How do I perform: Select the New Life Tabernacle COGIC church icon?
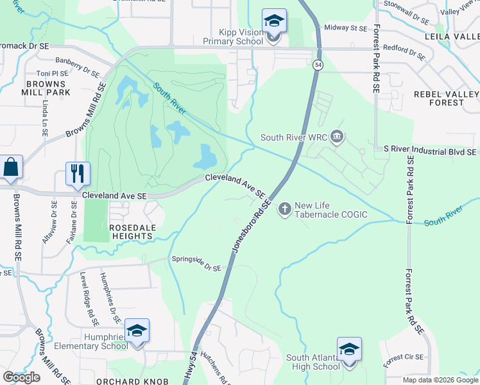click(284, 209)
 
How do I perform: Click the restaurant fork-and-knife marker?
click(78, 173)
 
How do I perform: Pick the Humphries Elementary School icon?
click(137, 330)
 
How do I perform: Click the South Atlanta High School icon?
click(349, 350)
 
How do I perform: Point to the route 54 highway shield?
click(318, 65)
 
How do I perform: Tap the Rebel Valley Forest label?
click(447, 98)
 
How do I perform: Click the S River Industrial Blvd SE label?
click(430, 150)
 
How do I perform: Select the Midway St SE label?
click(345, 28)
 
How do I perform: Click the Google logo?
click(21, 377)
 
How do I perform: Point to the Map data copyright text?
click(440, 380)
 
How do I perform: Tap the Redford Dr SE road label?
click(404, 52)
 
